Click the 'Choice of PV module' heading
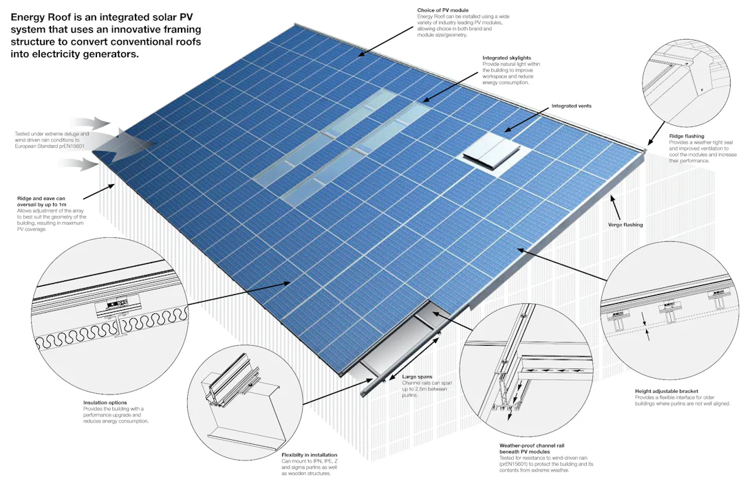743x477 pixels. (443, 10)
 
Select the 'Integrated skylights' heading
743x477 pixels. (507, 58)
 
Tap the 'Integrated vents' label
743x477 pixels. (571, 106)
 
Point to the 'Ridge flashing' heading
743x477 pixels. (686, 136)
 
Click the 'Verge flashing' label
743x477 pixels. (625, 225)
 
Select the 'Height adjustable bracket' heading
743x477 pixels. (667, 391)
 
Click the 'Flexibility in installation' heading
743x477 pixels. (310, 455)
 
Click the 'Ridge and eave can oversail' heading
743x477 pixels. (50, 199)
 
